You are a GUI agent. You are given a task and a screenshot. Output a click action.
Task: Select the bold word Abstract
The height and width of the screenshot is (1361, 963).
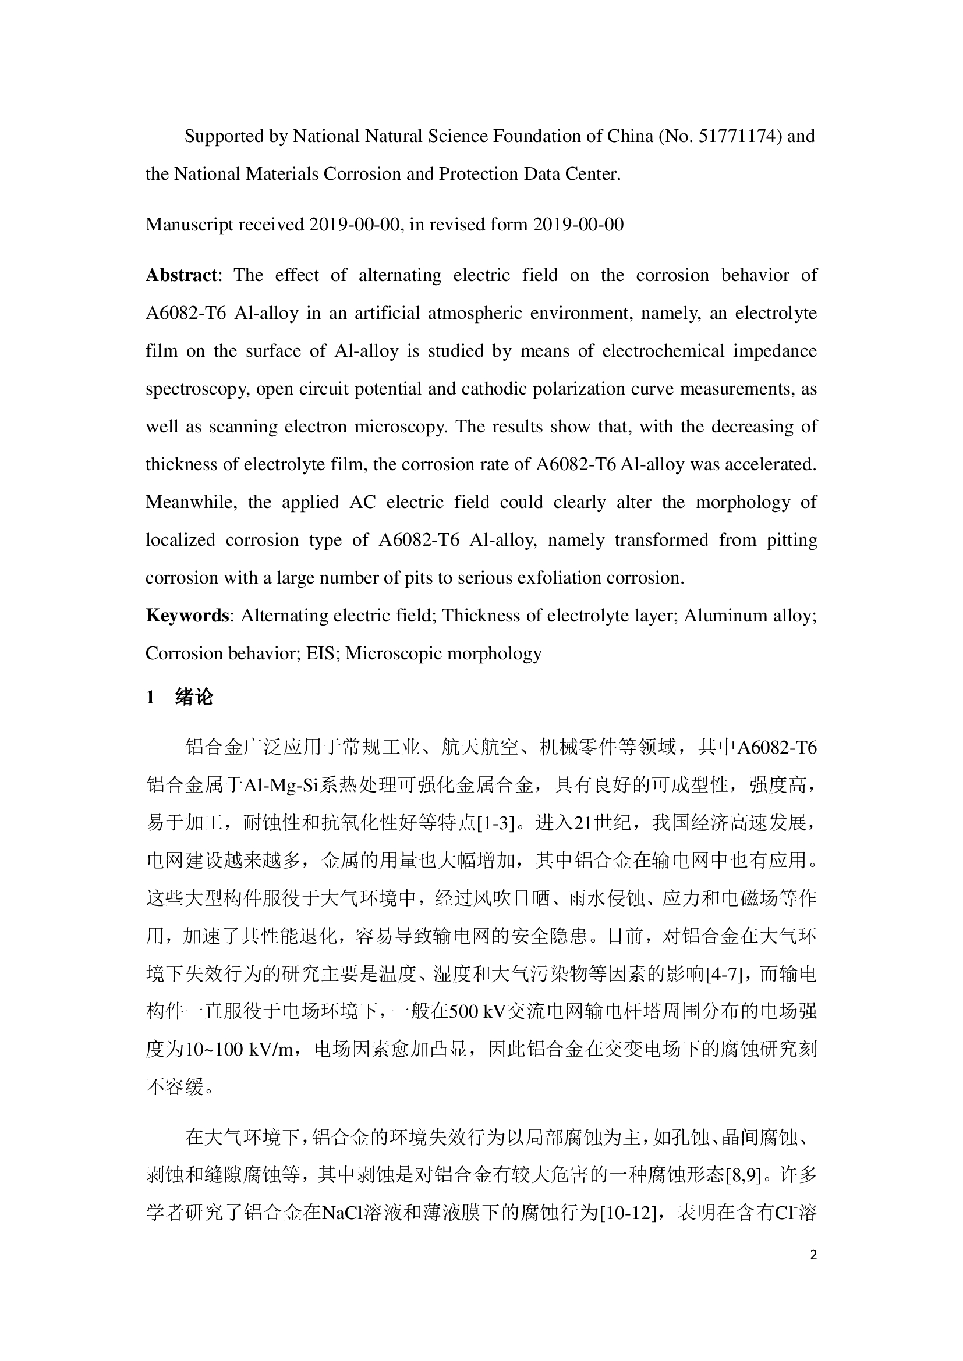click(182, 275)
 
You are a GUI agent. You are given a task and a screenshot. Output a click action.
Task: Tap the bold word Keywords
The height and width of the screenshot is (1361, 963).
click(187, 615)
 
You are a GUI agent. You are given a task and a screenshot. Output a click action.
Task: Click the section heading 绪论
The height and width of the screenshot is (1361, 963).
click(194, 697)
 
